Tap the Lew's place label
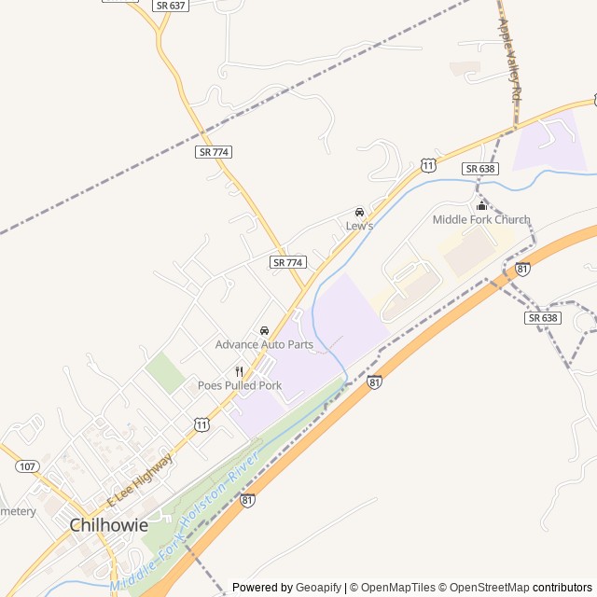point(359,226)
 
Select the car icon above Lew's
point(359,212)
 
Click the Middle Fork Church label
point(480,220)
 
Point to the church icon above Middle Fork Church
point(481,205)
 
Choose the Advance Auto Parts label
point(264,344)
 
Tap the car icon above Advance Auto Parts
point(264,330)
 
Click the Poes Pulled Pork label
point(240,385)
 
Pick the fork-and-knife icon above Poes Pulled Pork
point(240,371)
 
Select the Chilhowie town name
point(109,525)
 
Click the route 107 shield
point(28,465)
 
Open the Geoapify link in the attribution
point(318,588)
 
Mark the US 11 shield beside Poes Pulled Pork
point(202,424)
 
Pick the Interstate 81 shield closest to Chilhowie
point(247,501)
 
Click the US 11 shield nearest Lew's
point(427,165)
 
